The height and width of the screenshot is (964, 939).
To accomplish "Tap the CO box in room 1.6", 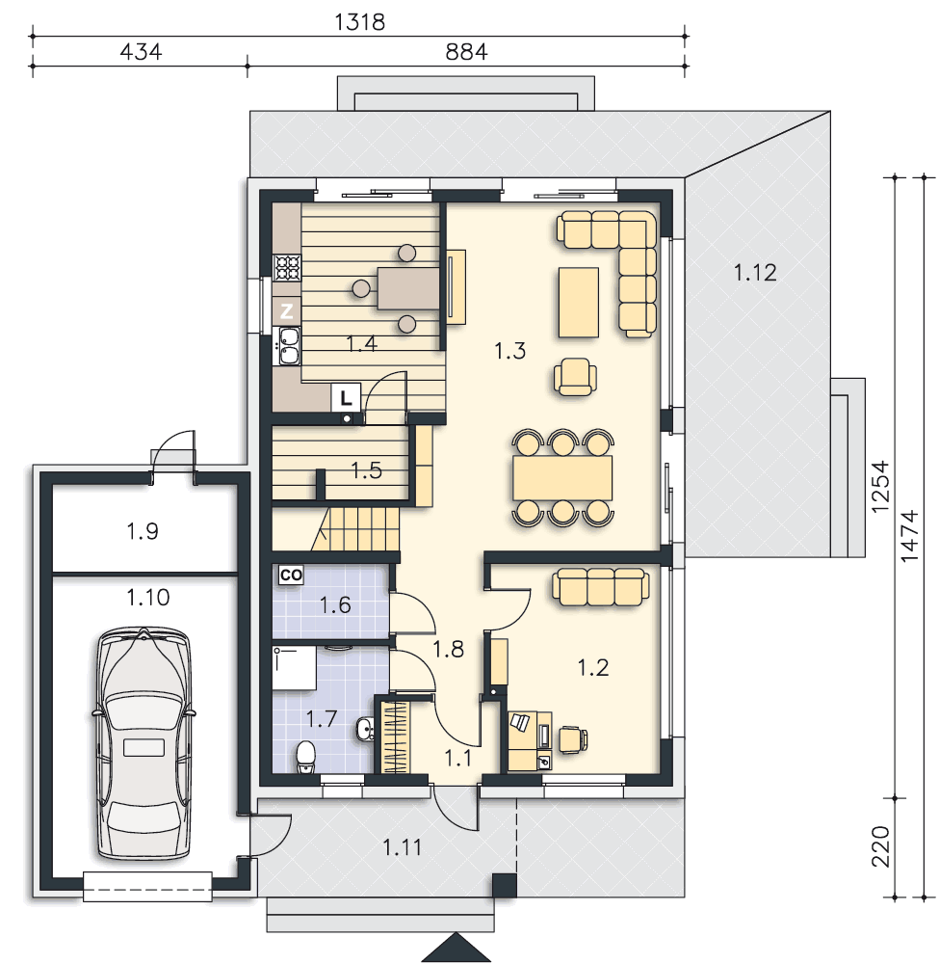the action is [291, 575].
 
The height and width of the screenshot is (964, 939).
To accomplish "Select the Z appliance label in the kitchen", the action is [287, 311].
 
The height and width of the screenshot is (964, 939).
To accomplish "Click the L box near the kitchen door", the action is [346, 398].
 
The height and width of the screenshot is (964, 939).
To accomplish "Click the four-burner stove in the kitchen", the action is [287, 268].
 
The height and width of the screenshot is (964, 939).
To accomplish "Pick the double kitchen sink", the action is [289, 345].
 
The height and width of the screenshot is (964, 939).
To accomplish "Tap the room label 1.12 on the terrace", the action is [755, 273].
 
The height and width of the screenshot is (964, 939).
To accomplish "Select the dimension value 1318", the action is [360, 22].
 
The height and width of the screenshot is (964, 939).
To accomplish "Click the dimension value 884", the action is [466, 52].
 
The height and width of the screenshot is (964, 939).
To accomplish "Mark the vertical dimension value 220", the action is [880, 846].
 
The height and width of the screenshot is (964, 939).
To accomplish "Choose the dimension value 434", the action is [141, 52].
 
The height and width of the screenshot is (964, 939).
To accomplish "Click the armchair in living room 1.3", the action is [575, 376].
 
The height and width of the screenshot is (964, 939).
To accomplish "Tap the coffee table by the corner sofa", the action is [579, 303].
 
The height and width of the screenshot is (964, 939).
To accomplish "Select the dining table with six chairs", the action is [563, 478].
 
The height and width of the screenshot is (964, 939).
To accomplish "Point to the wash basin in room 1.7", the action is [365, 730].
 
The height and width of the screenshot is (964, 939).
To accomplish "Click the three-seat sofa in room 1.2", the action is [601, 586].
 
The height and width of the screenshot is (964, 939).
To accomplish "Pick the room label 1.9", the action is [143, 530].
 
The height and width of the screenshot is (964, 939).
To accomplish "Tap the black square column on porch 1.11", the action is [505, 886].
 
